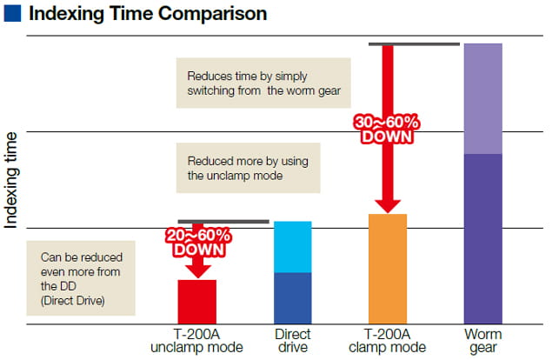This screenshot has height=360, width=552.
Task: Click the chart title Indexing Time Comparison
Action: (x=148, y=15)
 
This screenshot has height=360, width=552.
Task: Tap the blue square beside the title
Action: (x=13, y=15)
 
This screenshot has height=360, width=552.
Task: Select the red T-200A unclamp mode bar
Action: (x=197, y=301)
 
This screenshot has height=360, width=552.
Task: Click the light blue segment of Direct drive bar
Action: (x=292, y=247)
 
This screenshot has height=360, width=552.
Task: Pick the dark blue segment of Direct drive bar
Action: (x=292, y=297)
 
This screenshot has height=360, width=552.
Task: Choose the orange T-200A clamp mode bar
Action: (x=388, y=268)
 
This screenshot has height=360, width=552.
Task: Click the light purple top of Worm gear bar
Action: (x=483, y=97)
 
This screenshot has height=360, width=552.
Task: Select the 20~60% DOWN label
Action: (x=199, y=243)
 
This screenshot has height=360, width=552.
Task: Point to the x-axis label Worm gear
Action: (x=483, y=341)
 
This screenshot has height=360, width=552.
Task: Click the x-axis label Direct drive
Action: (x=292, y=341)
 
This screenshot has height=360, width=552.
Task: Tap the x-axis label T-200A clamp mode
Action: (x=388, y=341)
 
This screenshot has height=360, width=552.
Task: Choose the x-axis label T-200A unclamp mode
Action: (x=196, y=341)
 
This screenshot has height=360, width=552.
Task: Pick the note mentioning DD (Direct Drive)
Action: (x=82, y=277)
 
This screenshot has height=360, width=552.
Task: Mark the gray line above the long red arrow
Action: (x=414, y=43)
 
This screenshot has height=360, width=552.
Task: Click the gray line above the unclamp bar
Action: (x=223, y=222)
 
